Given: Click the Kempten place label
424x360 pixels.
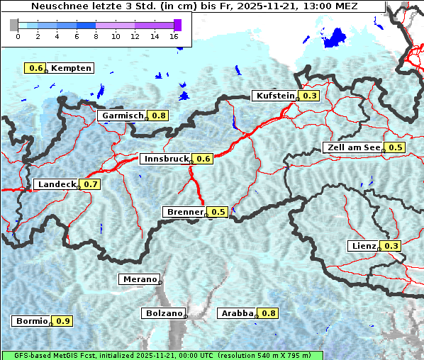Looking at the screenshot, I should coord(71,68).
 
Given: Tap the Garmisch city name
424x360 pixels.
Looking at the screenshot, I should coord(123,116).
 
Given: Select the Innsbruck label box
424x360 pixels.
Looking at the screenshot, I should coord(166,159).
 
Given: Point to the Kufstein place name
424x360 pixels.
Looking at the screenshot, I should coord(275,96).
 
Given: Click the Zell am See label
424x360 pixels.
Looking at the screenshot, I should coord(352,147).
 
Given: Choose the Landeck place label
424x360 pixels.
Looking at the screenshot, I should coord(56,184).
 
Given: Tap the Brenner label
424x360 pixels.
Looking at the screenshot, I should coord(185,212).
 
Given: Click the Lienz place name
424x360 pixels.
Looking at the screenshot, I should coord(364,246).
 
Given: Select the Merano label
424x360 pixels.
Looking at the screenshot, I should coord(139,279).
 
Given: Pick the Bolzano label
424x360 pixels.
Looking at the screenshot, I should coord(164,313).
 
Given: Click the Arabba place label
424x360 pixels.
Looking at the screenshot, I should coord(237,313).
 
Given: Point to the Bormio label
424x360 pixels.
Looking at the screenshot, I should coord(30,321).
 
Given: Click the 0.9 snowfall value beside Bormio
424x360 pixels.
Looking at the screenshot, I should coord(63,321).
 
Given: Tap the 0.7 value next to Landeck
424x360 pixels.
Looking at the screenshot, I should coord(91,184).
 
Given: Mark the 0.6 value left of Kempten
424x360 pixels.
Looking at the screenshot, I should coord(35,68).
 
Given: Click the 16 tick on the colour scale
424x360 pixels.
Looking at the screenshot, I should coord(174,35).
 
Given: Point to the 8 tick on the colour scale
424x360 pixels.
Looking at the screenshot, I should coord(96,35).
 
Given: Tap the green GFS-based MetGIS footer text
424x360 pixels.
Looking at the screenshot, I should coord(162,355).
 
